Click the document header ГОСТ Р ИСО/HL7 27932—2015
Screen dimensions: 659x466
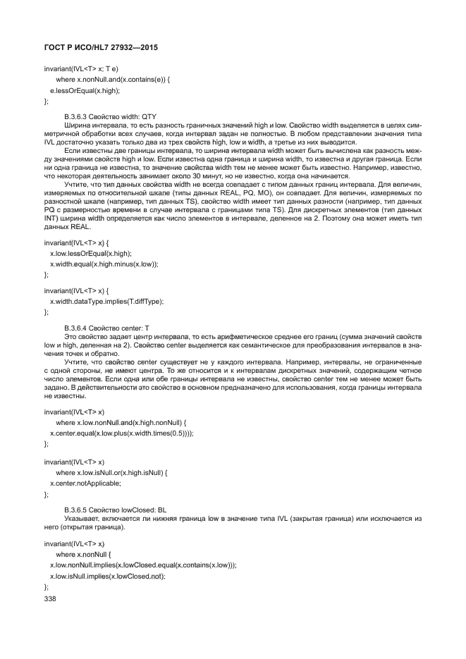(97, 49)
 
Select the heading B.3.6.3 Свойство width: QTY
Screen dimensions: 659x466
(109, 115)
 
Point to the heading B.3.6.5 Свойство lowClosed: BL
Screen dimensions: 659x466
(116, 508)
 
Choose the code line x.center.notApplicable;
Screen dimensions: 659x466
(85, 484)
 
